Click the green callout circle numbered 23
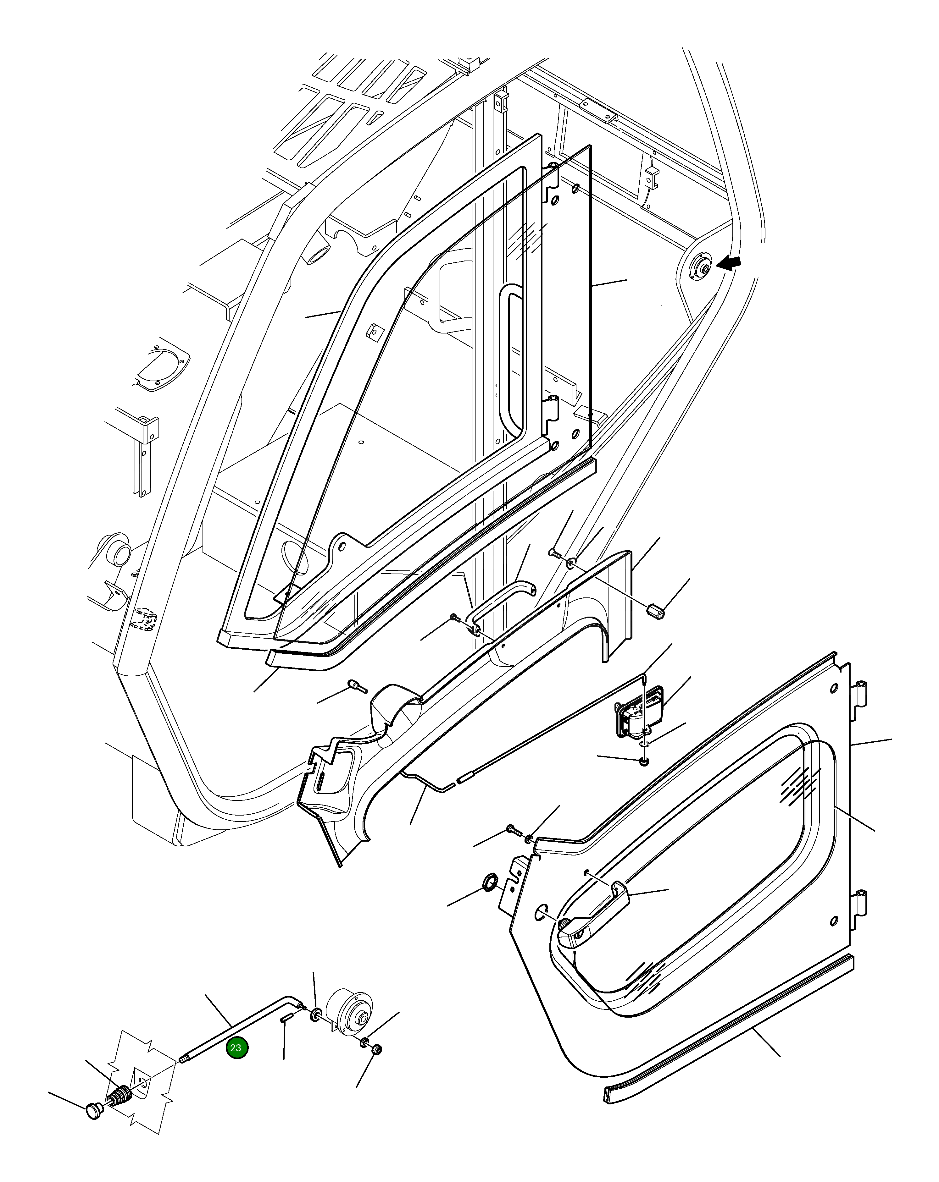pos(237,1048)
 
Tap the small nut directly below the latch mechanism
pos(644,761)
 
